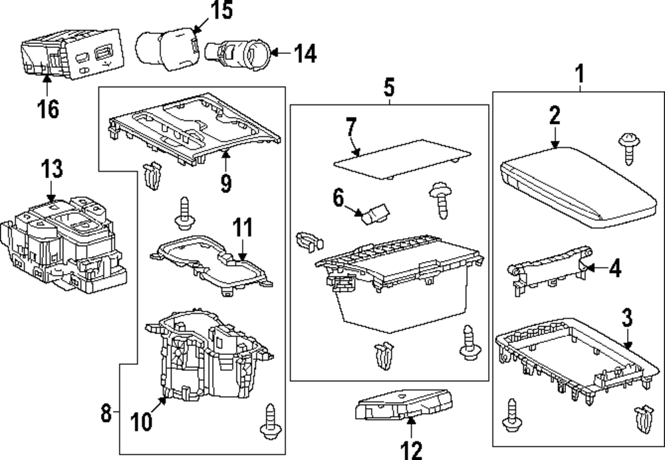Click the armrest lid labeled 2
click(573, 184)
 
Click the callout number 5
click(389, 86)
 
